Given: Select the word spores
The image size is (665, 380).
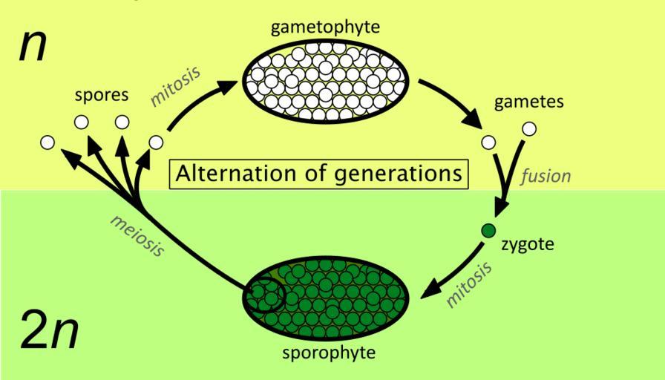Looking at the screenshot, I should (102, 96).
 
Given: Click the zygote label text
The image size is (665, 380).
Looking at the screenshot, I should (528, 243).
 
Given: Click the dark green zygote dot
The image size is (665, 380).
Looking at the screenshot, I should (488, 231).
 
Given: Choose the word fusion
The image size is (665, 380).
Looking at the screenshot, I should (546, 176).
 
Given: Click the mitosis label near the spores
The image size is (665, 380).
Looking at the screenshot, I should (175, 85).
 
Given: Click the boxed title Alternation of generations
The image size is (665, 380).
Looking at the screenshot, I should (321, 174).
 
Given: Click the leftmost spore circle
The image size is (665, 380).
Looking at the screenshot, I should (47, 141).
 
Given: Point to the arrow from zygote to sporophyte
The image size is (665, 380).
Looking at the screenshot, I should (453, 274).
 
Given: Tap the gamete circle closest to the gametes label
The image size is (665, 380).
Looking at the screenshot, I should (529, 128).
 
